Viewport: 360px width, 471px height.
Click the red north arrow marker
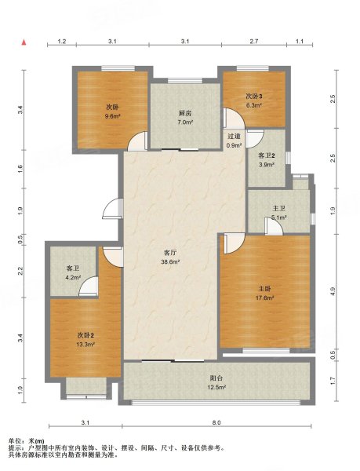(24, 42)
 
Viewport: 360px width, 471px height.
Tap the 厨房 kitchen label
(185, 113)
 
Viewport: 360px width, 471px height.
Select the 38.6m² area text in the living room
(170, 261)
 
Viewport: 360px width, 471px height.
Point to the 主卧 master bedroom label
(265, 289)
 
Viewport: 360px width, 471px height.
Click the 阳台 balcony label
(216, 378)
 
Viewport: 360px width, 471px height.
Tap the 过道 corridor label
(234, 136)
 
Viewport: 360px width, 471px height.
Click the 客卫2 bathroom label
(267, 155)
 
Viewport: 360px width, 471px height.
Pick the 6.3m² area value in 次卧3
(254, 105)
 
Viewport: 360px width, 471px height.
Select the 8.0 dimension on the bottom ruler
(216, 422)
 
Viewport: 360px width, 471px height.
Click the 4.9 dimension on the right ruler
(333, 291)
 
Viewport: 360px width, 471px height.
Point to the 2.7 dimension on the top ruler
(254, 42)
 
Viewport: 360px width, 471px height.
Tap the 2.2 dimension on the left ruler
(20, 271)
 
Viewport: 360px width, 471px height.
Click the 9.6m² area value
(112, 116)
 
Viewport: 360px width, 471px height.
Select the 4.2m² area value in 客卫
(73, 278)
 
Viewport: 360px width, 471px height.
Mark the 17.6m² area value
(265, 298)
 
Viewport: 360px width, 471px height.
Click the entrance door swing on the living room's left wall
(112, 208)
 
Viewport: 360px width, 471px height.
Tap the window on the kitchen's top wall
(185, 81)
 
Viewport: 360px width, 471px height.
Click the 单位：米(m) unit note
(27, 441)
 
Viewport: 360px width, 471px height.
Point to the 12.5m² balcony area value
(216, 387)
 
